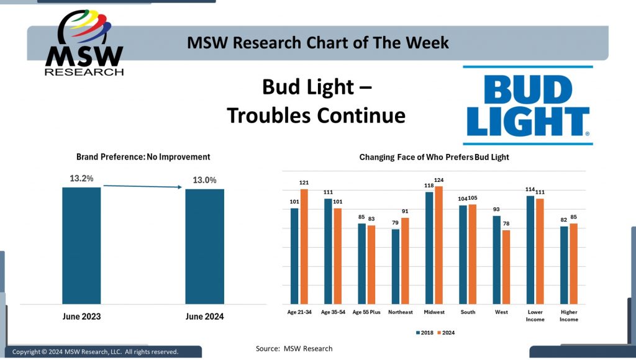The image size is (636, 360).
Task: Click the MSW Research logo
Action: (84, 43)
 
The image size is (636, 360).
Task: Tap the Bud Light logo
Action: (527, 105)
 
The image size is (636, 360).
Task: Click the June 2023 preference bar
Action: (81, 245)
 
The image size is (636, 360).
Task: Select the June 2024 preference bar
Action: (204, 246)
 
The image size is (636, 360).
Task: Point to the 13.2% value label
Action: (81, 178)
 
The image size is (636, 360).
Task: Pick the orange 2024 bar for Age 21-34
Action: (304, 245)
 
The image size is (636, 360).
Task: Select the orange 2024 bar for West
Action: (506, 266)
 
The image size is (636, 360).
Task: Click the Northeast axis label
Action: (399, 312)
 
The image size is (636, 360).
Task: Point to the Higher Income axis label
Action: (568, 316)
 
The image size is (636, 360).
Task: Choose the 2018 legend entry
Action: (425, 333)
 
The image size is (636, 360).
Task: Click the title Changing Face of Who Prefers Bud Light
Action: (434, 157)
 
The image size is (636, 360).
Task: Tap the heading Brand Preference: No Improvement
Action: (143, 157)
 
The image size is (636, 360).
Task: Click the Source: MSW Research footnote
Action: (294, 348)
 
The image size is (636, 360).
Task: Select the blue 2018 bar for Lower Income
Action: (530, 249)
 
